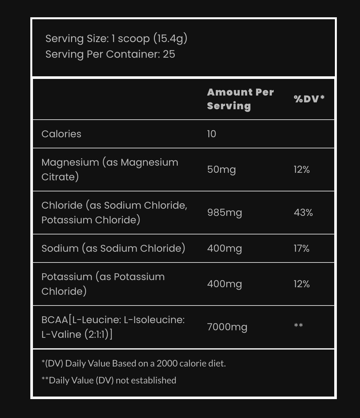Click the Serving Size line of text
coord(116,38)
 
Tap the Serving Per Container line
coord(110,54)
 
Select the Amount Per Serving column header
coord(240,99)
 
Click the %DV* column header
coord(309,99)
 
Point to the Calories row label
coord(61,134)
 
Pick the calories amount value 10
coord(212,134)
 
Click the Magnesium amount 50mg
coord(221,170)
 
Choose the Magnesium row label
coord(110,170)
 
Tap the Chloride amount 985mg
coord(225,213)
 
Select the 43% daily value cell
coord(303,213)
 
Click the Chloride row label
coord(114,213)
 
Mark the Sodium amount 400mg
coord(225,248)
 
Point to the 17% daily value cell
coord(302,248)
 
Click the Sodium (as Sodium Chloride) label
coord(113,248)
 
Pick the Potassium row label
coord(103,284)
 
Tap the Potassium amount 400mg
coord(225,284)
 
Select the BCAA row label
coord(113,327)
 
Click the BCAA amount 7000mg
coord(227,327)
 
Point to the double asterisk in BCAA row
coord(298,326)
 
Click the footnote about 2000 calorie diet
coord(134,364)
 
